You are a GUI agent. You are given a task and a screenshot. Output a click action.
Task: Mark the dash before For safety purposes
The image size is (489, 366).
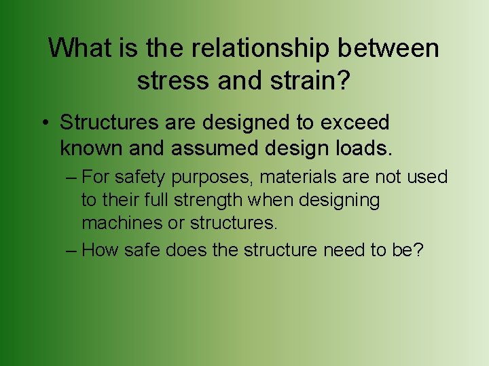[72, 178]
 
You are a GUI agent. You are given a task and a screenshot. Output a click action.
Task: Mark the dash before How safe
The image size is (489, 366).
[72, 250]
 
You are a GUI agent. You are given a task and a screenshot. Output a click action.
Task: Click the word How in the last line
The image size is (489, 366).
[99, 250]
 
